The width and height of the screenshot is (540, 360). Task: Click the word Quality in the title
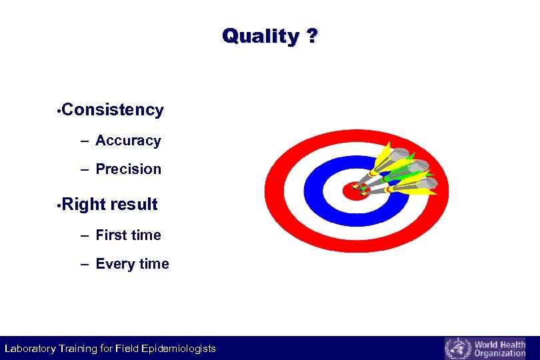pyautogui.click(x=259, y=36)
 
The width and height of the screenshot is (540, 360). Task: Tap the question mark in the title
pyautogui.click(x=312, y=36)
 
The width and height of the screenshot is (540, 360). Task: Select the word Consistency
pyautogui.click(x=114, y=110)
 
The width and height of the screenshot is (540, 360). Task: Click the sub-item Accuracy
pyautogui.click(x=128, y=141)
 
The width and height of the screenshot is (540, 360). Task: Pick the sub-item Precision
pyautogui.click(x=128, y=169)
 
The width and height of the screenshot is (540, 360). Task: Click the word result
pyautogui.click(x=134, y=205)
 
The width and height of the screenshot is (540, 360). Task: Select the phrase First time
pyautogui.click(x=128, y=235)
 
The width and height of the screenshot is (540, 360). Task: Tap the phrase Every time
pyautogui.click(x=132, y=264)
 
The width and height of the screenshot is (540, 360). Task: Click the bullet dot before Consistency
pyautogui.click(x=60, y=111)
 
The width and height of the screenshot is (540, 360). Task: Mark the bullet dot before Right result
pyautogui.click(x=60, y=206)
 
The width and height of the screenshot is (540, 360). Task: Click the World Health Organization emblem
pyautogui.click(x=457, y=349)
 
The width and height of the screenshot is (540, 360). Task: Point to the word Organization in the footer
pyautogui.click(x=499, y=353)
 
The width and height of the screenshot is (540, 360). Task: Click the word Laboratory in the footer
pyautogui.click(x=29, y=349)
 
